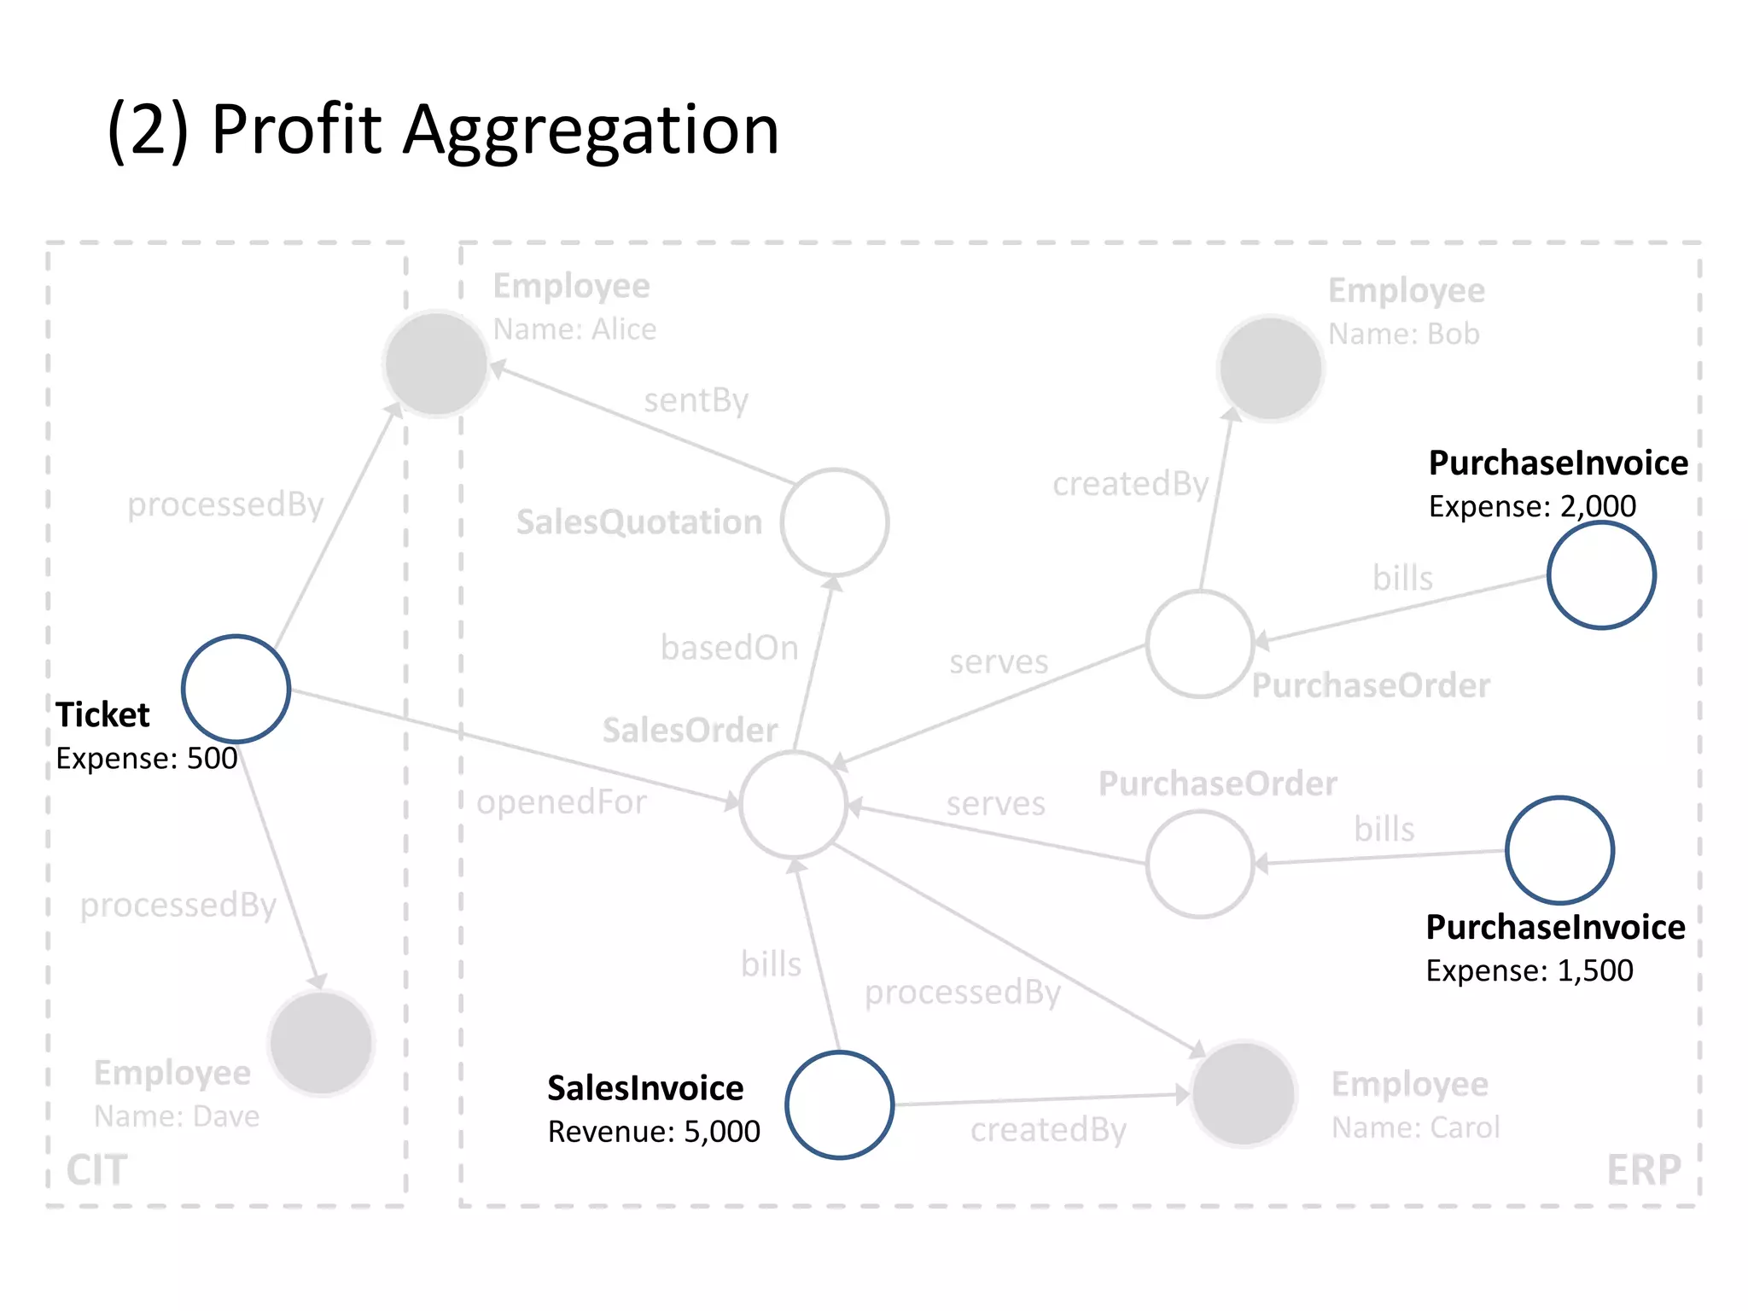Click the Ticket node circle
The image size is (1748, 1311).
click(x=236, y=689)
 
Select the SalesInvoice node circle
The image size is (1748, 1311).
click(x=839, y=1104)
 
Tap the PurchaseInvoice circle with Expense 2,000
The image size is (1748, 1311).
click(x=1601, y=576)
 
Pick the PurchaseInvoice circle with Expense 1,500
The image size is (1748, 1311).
click(x=1559, y=850)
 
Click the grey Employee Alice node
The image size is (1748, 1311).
click(x=436, y=364)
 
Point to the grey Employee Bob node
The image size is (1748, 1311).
click(x=1270, y=368)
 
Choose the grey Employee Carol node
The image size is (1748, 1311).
click(x=1244, y=1093)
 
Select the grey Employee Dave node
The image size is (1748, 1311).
click(x=321, y=1042)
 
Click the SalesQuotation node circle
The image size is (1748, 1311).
click(x=835, y=522)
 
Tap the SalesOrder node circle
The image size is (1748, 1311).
click(x=794, y=805)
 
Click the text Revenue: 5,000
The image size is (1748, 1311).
click(x=654, y=1132)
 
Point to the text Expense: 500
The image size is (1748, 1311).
click(x=147, y=758)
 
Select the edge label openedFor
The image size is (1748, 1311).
click(x=562, y=802)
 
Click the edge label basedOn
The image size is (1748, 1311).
click(x=729, y=648)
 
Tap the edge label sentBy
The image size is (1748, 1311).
click(x=696, y=400)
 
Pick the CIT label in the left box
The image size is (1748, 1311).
click(x=97, y=1170)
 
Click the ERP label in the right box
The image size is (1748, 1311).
click(x=1644, y=1170)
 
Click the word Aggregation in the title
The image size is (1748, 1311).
click(x=591, y=130)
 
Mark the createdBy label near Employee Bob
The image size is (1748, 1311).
click(x=1130, y=484)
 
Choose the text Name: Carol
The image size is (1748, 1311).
click(x=1416, y=1128)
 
